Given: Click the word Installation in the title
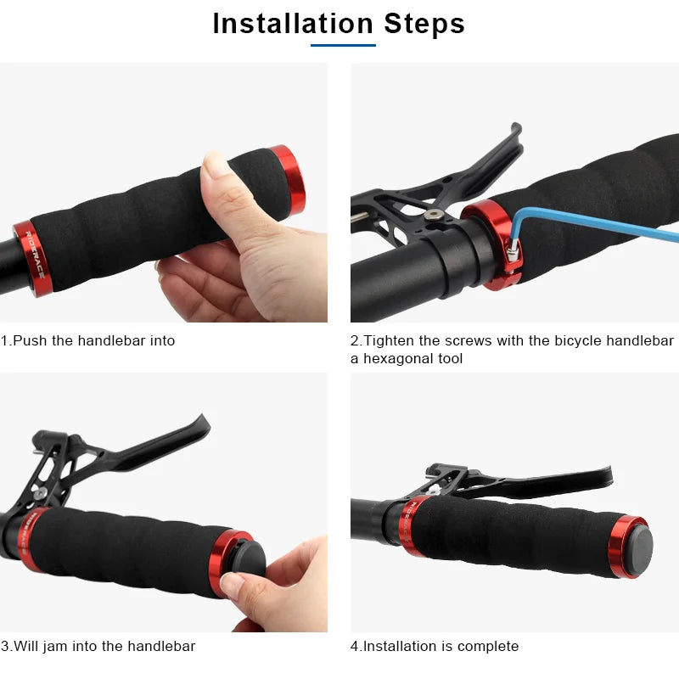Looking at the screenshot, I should pyautogui.click(x=293, y=23).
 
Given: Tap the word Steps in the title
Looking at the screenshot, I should pyautogui.click(x=424, y=23).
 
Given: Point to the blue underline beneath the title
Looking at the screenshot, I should pyautogui.click(x=343, y=45).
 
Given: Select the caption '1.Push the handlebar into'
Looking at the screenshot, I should pyautogui.click(x=87, y=340).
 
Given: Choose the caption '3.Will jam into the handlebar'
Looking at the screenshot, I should pyautogui.click(x=98, y=646).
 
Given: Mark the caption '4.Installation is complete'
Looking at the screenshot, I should pyautogui.click(x=434, y=646).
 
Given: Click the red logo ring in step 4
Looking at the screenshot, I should pyautogui.click(x=417, y=525).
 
